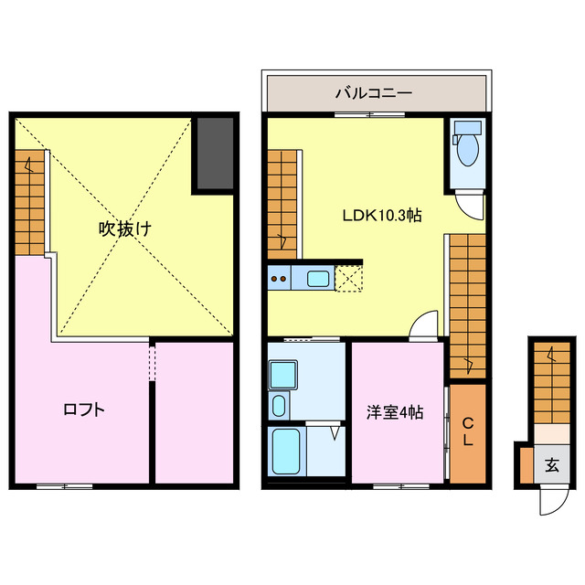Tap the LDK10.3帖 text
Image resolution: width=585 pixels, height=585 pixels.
point(381,216)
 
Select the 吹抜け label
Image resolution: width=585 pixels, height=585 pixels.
point(125,229)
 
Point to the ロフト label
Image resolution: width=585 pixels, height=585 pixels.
point(83,409)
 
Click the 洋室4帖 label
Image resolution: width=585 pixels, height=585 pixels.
point(396,412)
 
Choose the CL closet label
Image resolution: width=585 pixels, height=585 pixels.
point(466,431)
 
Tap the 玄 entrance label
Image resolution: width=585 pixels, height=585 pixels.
point(551,465)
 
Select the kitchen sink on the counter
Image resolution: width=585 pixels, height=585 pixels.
point(319,279)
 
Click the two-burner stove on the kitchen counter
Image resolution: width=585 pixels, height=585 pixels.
point(279,279)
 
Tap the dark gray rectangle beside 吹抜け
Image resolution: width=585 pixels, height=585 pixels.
point(214,153)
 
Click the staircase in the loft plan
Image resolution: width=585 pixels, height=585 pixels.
point(29,203)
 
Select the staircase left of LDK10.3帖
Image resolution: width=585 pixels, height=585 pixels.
point(282,203)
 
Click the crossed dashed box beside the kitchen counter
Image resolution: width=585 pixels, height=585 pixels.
point(350,278)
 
